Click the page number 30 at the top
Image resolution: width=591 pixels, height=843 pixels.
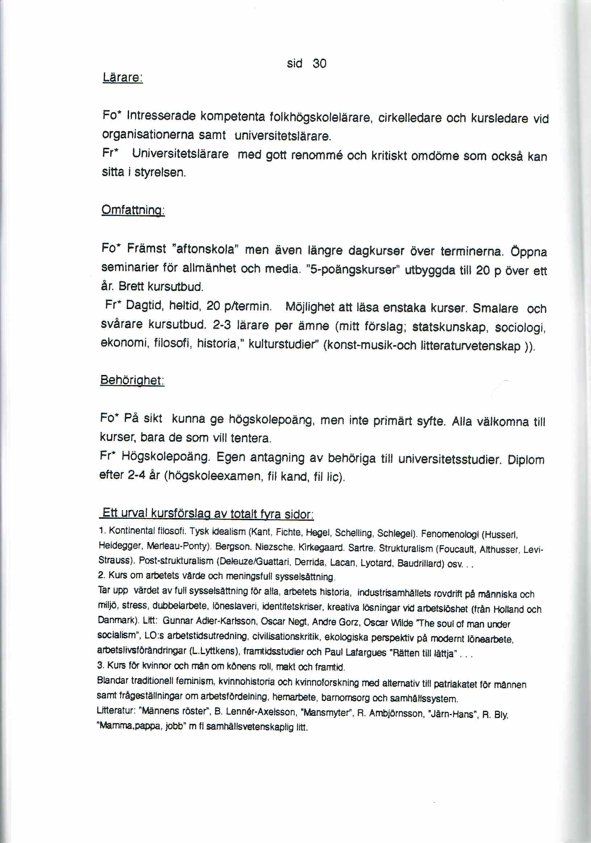(x=319, y=64)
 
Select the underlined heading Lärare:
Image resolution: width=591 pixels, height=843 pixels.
(x=123, y=78)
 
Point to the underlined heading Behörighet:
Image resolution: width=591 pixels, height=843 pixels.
(x=132, y=380)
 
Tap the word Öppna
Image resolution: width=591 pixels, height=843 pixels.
(x=529, y=252)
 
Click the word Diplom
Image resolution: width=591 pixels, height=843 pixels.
(x=526, y=460)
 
